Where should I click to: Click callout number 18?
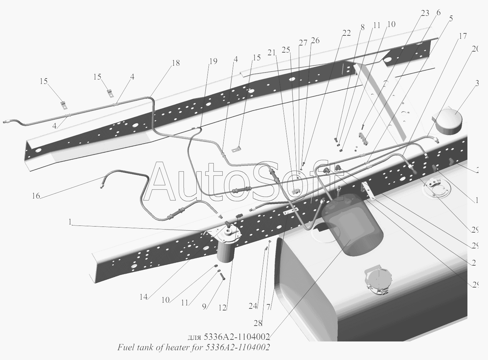click(175, 63)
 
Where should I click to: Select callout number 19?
click(213, 61)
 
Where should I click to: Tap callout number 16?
click(36, 196)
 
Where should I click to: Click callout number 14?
click(143, 297)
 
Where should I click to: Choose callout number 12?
click(222, 307)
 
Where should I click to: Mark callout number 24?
click(253, 306)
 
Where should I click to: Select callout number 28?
click(258, 323)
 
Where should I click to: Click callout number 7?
click(269, 307)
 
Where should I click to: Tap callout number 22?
click(346, 33)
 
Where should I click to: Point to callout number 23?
click(425, 13)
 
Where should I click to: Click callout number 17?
click(463, 36)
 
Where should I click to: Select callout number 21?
click(272, 52)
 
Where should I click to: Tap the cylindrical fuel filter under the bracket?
click(226, 251)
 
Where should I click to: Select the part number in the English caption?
click(237, 348)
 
